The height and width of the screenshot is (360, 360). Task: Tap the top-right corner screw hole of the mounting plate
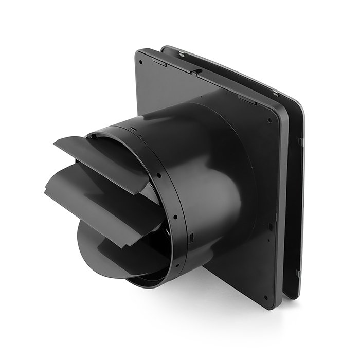coord(269,121)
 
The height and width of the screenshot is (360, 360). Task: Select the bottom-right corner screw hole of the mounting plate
coord(265,297)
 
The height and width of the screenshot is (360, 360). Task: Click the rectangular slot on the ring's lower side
coord(191,237)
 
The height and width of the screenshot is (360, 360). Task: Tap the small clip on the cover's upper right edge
coord(300,140)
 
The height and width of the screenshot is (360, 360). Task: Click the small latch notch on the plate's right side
coord(271,226)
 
